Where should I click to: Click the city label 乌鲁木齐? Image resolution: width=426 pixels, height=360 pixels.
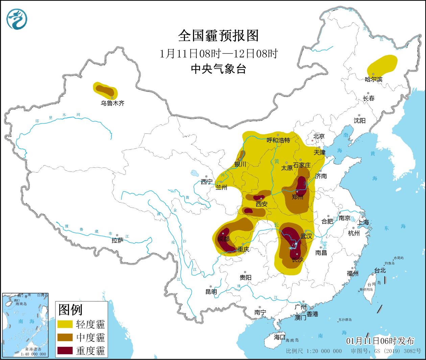pyautogui.click(x=112, y=103)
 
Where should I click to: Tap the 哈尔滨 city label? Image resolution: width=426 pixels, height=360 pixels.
pyautogui.click(x=374, y=80)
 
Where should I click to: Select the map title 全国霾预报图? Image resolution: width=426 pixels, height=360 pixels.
pyautogui.click(x=218, y=36)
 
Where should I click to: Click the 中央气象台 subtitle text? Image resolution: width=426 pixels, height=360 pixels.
pyautogui.click(x=218, y=69)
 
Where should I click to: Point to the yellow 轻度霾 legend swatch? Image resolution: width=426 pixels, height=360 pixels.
pyautogui.click(x=65, y=324)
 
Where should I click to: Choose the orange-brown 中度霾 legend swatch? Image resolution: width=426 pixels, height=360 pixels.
pyautogui.click(x=65, y=337)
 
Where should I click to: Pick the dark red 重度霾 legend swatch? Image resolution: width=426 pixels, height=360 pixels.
pyautogui.click(x=65, y=351)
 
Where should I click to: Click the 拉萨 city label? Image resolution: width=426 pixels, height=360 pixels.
pyautogui.click(x=117, y=240)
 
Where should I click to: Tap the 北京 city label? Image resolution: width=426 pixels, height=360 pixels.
pyautogui.click(x=318, y=136)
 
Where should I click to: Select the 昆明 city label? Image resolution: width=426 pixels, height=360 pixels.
pyautogui.click(x=211, y=292)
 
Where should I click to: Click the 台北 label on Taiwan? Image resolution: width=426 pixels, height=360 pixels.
pyautogui.click(x=380, y=271)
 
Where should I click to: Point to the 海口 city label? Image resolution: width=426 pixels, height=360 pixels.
pyautogui.click(x=280, y=337)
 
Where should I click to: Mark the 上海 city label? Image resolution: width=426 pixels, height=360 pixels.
pyautogui.click(x=363, y=222)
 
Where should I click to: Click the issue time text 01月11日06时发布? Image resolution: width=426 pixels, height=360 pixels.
pyautogui.click(x=380, y=341)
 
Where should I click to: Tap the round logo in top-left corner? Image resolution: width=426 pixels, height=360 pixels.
pyautogui.click(x=17, y=19)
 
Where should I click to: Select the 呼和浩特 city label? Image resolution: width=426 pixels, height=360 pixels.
pyautogui.click(x=278, y=140)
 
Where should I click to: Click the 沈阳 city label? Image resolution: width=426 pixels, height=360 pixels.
pyautogui.click(x=359, y=121)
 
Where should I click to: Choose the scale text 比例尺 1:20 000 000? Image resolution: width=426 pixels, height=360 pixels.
pyautogui.click(x=314, y=351)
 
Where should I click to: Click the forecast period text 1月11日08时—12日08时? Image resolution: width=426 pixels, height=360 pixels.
pyautogui.click(x=218, y=53)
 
